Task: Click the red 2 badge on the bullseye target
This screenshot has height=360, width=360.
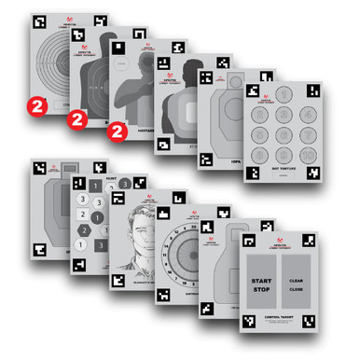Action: [x=36, y=102]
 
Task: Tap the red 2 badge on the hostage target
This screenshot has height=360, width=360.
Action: [x=117, y=132]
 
